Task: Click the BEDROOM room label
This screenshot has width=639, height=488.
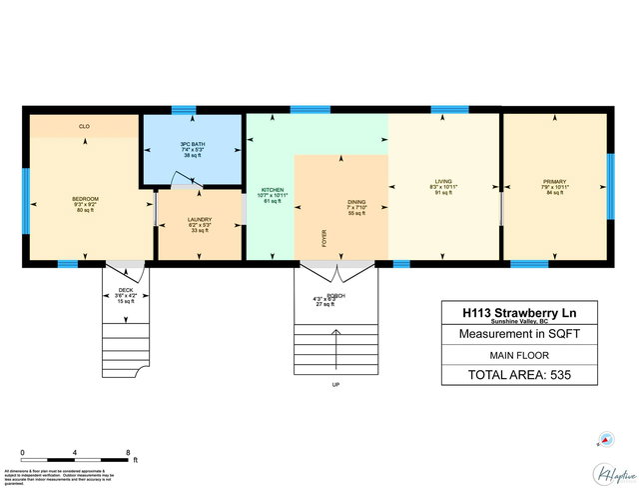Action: tap(85, 199)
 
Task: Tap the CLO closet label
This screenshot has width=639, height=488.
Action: tap(85, 127)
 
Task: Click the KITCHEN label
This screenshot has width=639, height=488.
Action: tap(272, 189)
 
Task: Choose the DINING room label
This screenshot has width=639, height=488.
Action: tap(356, 201)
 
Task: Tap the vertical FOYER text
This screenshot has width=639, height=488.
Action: tap(323, 238)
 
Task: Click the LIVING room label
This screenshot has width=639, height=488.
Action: tap(442, 181)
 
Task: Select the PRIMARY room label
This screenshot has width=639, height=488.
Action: tap(554, 181)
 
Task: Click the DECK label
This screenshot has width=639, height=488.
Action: tap(126, 290)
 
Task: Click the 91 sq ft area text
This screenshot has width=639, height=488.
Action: tap(442, 193)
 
